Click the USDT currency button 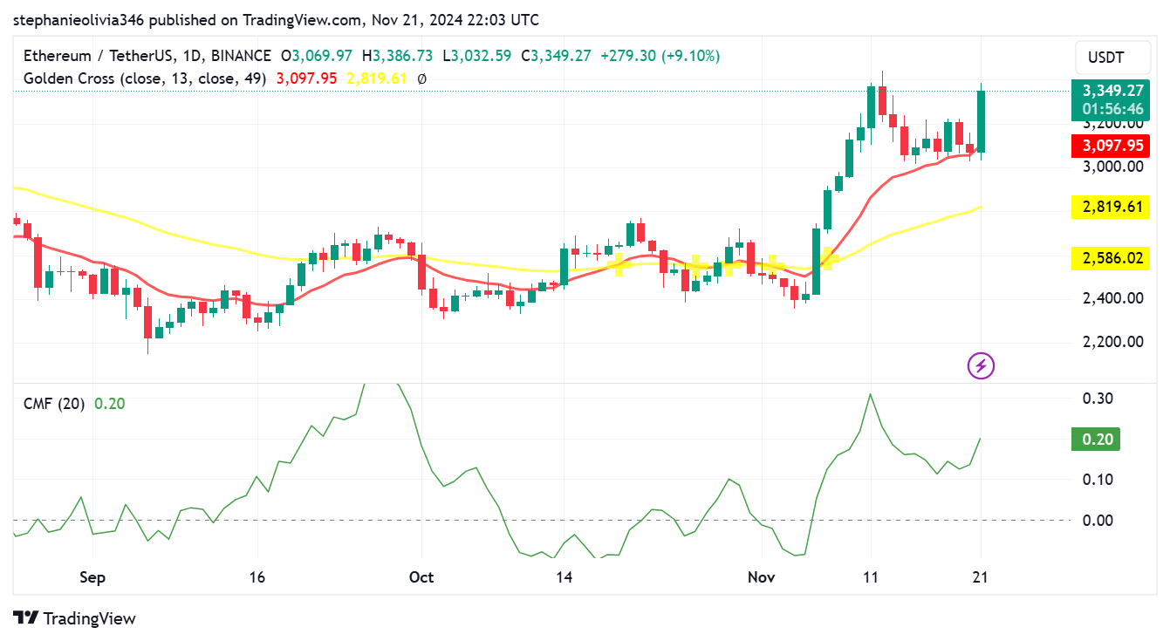coord(1105,58)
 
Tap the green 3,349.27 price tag coord(1112,91)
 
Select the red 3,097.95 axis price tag coord(1112,146)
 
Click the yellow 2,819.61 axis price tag coord(1112,207)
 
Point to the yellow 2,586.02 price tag coord(1112,258)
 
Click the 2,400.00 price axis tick coord(1112,298)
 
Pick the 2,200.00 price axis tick coord(1112,341)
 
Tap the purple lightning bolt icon coord(982,365)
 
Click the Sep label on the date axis coord(92,577)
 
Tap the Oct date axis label coord(421,577)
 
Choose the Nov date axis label coord(762,577)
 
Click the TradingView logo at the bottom coord(75,618)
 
